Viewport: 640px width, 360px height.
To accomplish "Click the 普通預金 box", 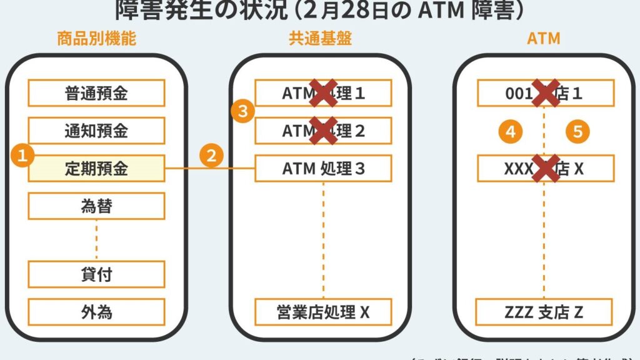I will [x=96, y=93].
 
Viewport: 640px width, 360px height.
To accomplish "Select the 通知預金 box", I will [x=96, y=131].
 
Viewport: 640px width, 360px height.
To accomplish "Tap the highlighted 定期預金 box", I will [x=96, y=168].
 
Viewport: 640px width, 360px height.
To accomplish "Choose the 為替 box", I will [x=96, y=206].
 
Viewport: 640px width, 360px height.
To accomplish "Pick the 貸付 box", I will [x=96, y=274].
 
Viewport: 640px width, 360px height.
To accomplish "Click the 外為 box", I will [x=96, y=312].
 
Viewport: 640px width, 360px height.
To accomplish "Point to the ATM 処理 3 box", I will [x=323, y=168].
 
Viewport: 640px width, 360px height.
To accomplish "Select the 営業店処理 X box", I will [x=323, y=312].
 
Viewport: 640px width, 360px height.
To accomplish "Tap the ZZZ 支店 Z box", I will [x=544, y=312].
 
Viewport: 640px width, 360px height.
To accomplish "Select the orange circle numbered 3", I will [x=242, y=112].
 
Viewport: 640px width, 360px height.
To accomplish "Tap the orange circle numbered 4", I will [x=511, y=131].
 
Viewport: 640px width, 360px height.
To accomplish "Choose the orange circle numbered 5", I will [x=578, y=131].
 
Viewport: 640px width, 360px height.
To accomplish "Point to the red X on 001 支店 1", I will [x=545, y=93].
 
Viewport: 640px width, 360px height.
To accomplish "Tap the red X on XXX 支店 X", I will [x=545, y=168].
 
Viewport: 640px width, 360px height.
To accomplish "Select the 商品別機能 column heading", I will [x=96, y=39].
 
